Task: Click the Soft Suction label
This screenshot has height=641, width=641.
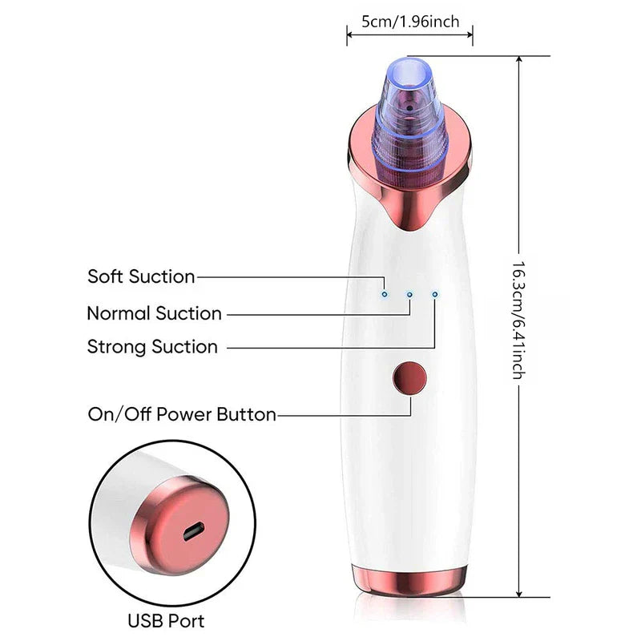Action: click(141, 276)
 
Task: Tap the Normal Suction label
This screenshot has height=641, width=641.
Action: click(154, 313)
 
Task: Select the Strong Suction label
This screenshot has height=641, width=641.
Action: click(152, 347)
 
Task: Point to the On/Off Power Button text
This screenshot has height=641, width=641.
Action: click(182, 414)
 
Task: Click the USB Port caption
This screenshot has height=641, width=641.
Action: click(166, 621)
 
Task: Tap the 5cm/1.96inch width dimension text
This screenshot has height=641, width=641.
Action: click(410, 22)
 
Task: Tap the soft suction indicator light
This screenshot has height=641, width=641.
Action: click(385, 294)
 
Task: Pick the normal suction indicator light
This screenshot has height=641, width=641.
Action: click(409, 294)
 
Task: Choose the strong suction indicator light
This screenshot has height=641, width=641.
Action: click(434, 294)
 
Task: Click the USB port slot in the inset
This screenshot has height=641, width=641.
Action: click(193, 531)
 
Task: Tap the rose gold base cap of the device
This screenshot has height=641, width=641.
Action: click(409, 579)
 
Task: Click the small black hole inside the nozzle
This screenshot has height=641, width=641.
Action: click(409, 108)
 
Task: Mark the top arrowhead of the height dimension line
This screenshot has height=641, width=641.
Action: click(519, 58)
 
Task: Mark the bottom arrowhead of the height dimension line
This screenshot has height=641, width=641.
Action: click(519, 594)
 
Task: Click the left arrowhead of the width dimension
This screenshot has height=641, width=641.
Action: click(350, 35)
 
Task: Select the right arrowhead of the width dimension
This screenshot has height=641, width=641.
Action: click(470, 35)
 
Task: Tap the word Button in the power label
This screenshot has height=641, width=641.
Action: click(246, 414)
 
